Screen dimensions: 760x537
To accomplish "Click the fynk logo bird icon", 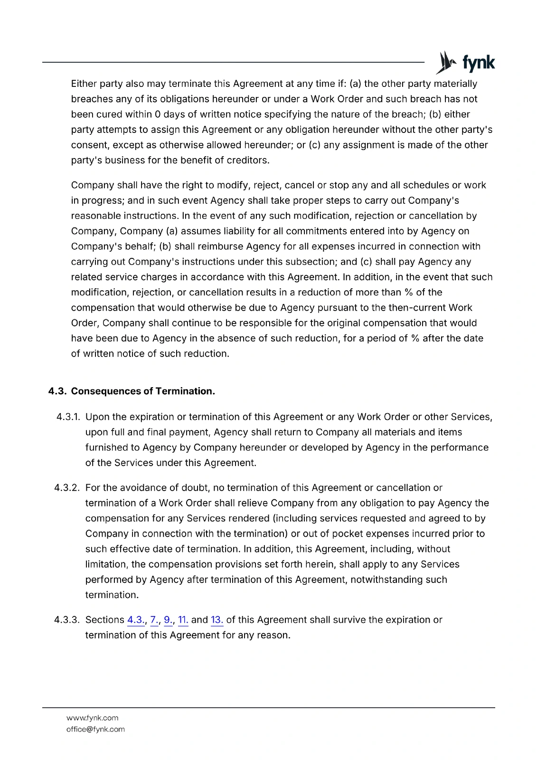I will (x=445, y=63).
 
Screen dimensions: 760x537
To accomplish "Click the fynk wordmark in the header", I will (x=478, y=63).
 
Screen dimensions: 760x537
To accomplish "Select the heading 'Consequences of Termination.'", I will (x=143, y=391).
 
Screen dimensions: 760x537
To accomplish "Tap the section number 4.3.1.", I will (x=68, y=417).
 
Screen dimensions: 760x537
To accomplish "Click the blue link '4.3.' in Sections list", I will (x=136, y=620).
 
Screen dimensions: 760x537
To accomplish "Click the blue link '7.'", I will (x=154, y=620).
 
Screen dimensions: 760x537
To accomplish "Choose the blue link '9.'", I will (x=168, y=620).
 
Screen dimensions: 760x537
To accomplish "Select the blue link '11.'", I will (x=183, y=620).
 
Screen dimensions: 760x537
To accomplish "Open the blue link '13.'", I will (x=217, y=620).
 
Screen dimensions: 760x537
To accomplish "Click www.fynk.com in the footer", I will (x=93, y=718).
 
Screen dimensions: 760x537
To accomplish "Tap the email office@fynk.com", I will (x=95, y=730).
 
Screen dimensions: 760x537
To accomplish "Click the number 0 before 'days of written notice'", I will (x=158, y=114).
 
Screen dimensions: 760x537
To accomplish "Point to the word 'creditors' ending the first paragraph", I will (x=247, y=161).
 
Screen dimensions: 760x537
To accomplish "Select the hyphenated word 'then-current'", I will (x=418, y=308).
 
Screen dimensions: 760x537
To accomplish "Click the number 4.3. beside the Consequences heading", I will (x=57, y=391).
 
